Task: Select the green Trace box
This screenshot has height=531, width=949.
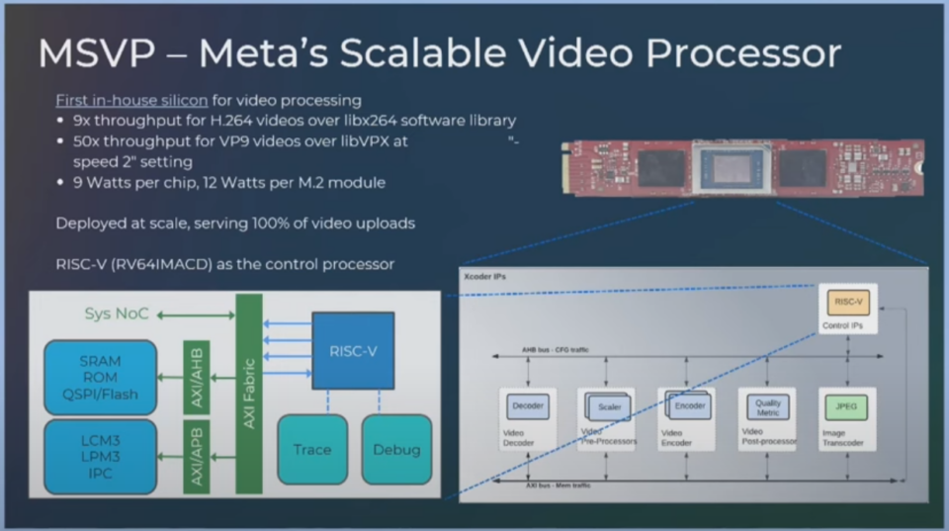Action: click(312, 449)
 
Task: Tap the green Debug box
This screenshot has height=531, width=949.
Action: click(395, 449)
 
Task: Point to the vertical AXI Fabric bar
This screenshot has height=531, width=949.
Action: click(248, 394)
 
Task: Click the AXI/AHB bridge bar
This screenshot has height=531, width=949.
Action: click(196, 377)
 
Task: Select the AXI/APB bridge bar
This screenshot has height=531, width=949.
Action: click(196, 456)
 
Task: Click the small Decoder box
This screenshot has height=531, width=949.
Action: click(528, 405)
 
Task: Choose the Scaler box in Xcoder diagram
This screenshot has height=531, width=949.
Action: click(609, 406)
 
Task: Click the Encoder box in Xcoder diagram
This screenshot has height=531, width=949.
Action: click(689, 405)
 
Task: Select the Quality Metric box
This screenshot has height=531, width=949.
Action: click(768, 405)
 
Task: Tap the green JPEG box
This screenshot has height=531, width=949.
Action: click(847, 405)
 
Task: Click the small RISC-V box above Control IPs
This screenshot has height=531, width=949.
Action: click(847, 303)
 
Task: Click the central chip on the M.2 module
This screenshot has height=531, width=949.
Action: click(733, 168)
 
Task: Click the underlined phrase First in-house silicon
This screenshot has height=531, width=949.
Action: click(131, 101)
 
